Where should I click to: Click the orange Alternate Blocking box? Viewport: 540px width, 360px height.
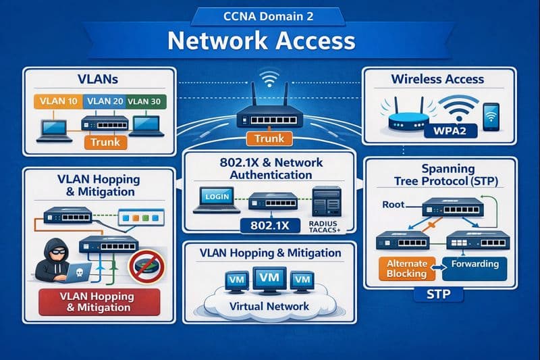406,268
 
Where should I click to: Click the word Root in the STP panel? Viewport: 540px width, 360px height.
393,203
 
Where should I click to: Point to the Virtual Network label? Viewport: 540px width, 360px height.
269,306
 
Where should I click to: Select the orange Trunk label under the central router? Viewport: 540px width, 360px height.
269,139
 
